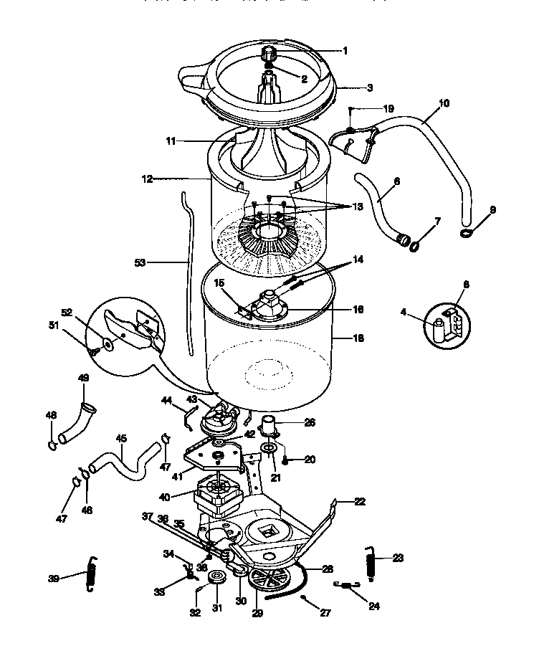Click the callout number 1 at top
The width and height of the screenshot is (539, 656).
(x=345, y=50)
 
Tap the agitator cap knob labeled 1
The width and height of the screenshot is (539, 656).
(x=271, y=54)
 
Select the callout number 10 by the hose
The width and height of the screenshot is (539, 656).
(x=444, y=103)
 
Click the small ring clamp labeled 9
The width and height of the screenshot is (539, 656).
(x=467, y=232)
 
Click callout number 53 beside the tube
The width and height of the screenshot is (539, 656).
(x=140, y=262)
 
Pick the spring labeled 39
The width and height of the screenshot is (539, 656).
(x=91, y=574)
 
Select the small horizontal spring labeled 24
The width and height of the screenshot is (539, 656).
(x=345, y=585)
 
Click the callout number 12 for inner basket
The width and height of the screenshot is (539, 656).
(x=147, y=179)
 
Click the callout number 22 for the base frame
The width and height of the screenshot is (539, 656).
(x=359, y=502)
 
